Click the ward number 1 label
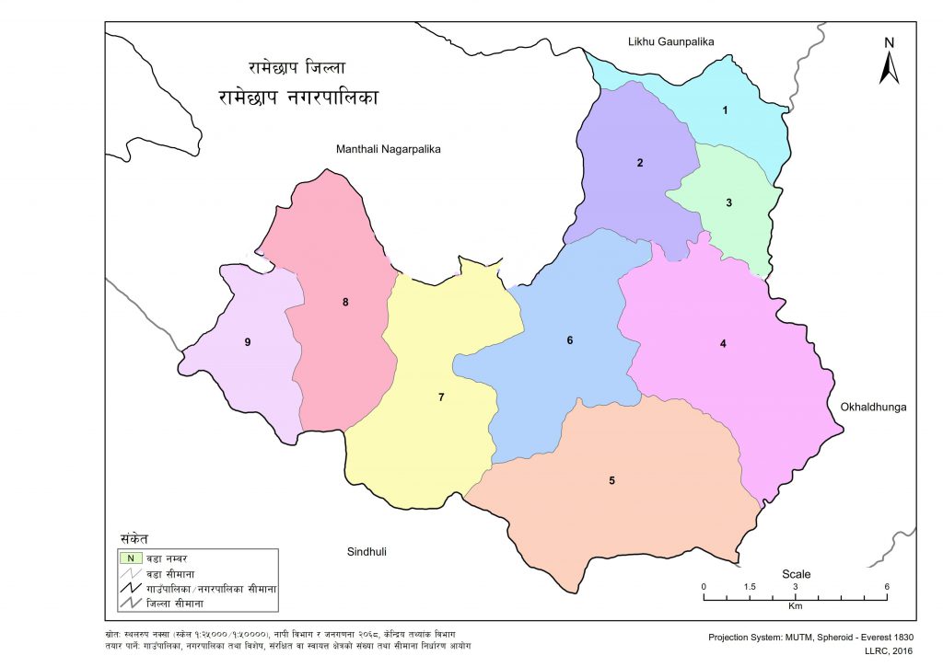coord(725,111)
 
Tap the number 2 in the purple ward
coord(639,164)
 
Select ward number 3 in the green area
coord(728,203)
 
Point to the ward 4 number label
coord(723,344)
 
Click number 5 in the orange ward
coord(611,480)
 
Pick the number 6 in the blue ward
coord(570,340)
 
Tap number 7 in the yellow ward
coord(441,397)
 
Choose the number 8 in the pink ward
coord(345,302)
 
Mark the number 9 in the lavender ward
coord(248,342)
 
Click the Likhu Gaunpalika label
coord(670,41)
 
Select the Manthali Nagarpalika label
coord(390,148)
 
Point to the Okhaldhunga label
coord(874,405)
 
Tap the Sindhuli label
coord(367,552)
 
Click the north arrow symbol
coord(889,63)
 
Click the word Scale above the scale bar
coord(796,574)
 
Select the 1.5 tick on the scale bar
coord(750,587)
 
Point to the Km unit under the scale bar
coord(795,607)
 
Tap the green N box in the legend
coord(131,558)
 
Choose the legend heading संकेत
coord(134,539)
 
